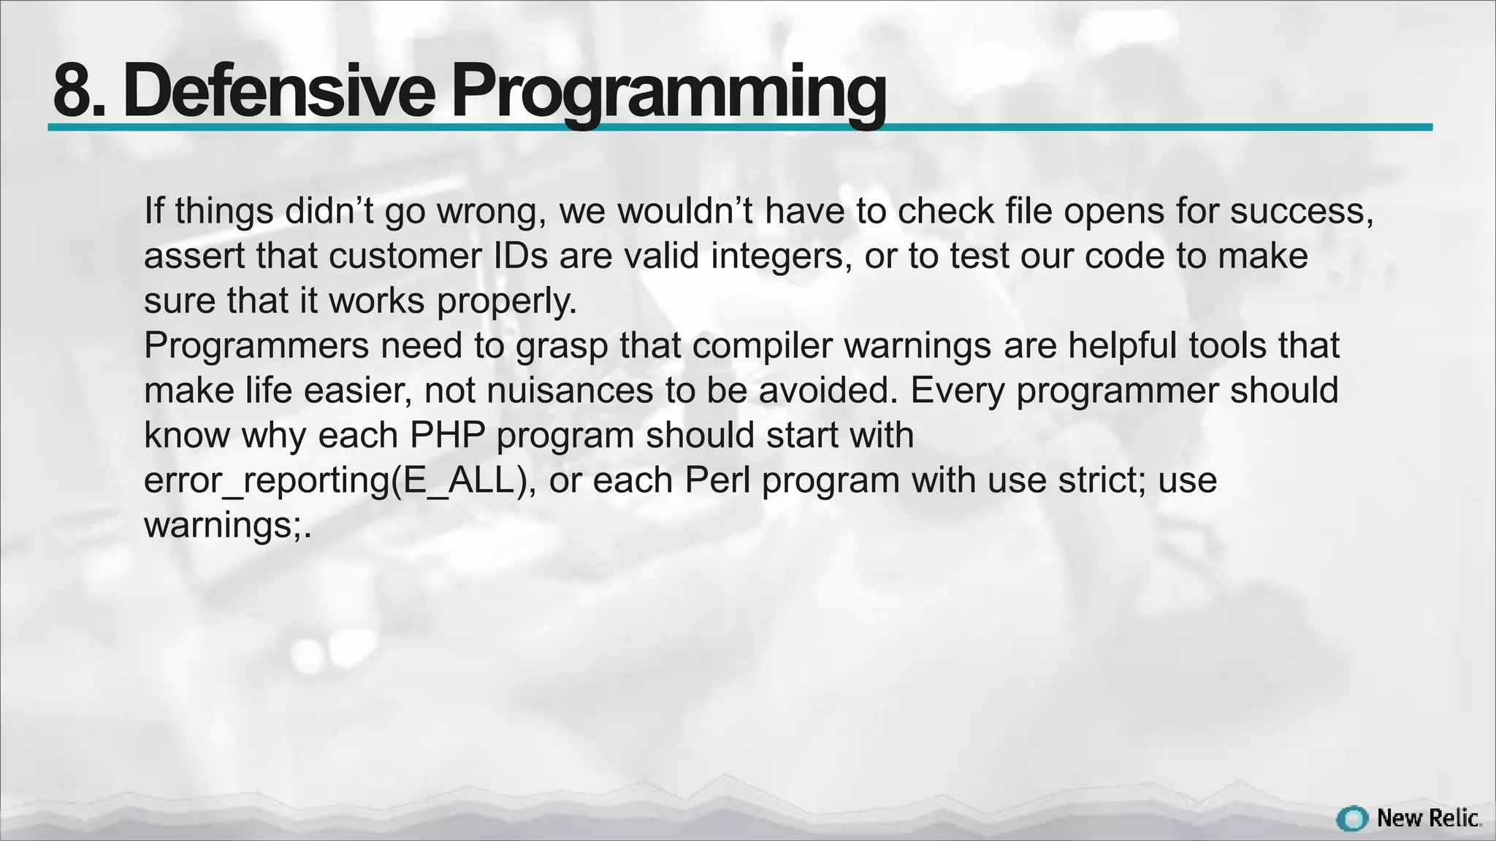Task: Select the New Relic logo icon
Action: [1351, 818]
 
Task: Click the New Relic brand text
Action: [1428, 818]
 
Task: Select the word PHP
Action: [448, 436]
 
